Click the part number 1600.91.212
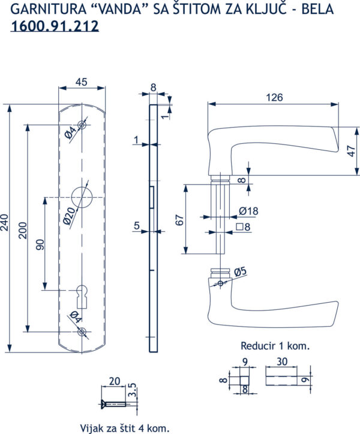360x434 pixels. [x=55, y=26]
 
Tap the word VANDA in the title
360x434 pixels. [x=120, y=9]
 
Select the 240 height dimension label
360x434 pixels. [x=5, y=222]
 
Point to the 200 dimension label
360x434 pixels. [x=22, y=230]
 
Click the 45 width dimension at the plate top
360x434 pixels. [x=81, y=82]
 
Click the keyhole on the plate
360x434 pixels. [x=82, y=297]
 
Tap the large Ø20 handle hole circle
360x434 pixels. [x=71, y=197]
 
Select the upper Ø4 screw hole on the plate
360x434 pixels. [x=82, y=125]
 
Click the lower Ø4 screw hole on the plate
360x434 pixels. [x=82, y=331]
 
